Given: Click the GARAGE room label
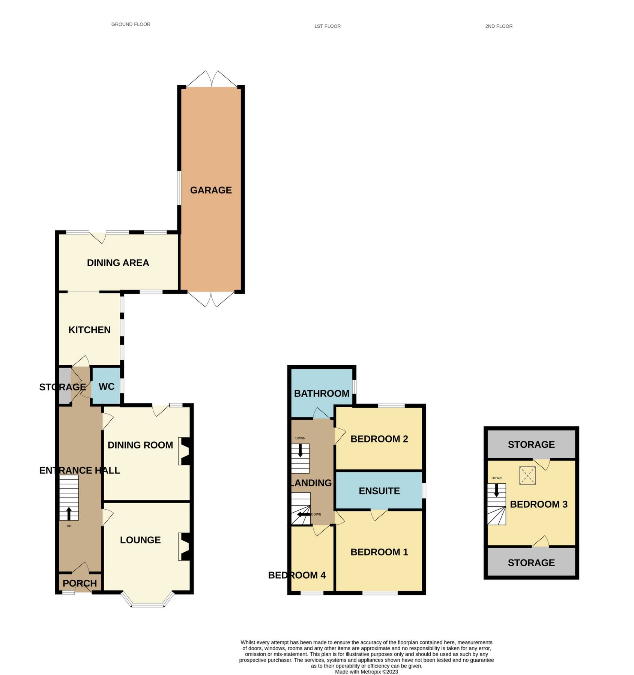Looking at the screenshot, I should pyautogui.click(x=211, y=190).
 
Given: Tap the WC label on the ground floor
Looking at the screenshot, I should pyautogui.click(x=107, y=387).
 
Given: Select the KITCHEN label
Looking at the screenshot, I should pyautogui.click(x=89, y=330).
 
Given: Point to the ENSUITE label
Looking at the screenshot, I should pyautogui.click(x=379, y=491).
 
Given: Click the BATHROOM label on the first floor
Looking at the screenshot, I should pyautogui.click(x=322, y=393).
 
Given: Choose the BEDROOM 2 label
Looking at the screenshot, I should pyautogui.click(x=379, y=439).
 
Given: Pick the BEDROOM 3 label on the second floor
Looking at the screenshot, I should pyautogui.click(x=539, y=504).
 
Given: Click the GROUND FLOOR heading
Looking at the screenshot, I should pyautogui.click(x=131, y=24).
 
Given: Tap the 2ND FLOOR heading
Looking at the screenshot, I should pyautogui.click(x=499, y=26).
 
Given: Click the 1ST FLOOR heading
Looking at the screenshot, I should pyautogui.click(x=328, y=26).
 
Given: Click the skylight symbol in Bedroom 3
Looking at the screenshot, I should pyautogui.click(x=527, y=475).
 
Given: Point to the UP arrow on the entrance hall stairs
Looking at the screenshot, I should pyautogui.click(x=69, y=513).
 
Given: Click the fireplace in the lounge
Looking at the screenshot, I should pyautogui.click(x=185, y=547).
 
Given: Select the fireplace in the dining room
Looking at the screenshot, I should pyautogui.click(x=185, y=451).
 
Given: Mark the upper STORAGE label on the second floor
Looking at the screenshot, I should pyautogui.click(x=531, y=445).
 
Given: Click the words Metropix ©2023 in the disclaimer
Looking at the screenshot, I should pyautogui.click(x=379, y=672).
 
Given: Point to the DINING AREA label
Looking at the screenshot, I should pyautogui.click(x=118, y=263).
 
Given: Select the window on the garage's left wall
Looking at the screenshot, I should pyautogui.click(x=179, y=188).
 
